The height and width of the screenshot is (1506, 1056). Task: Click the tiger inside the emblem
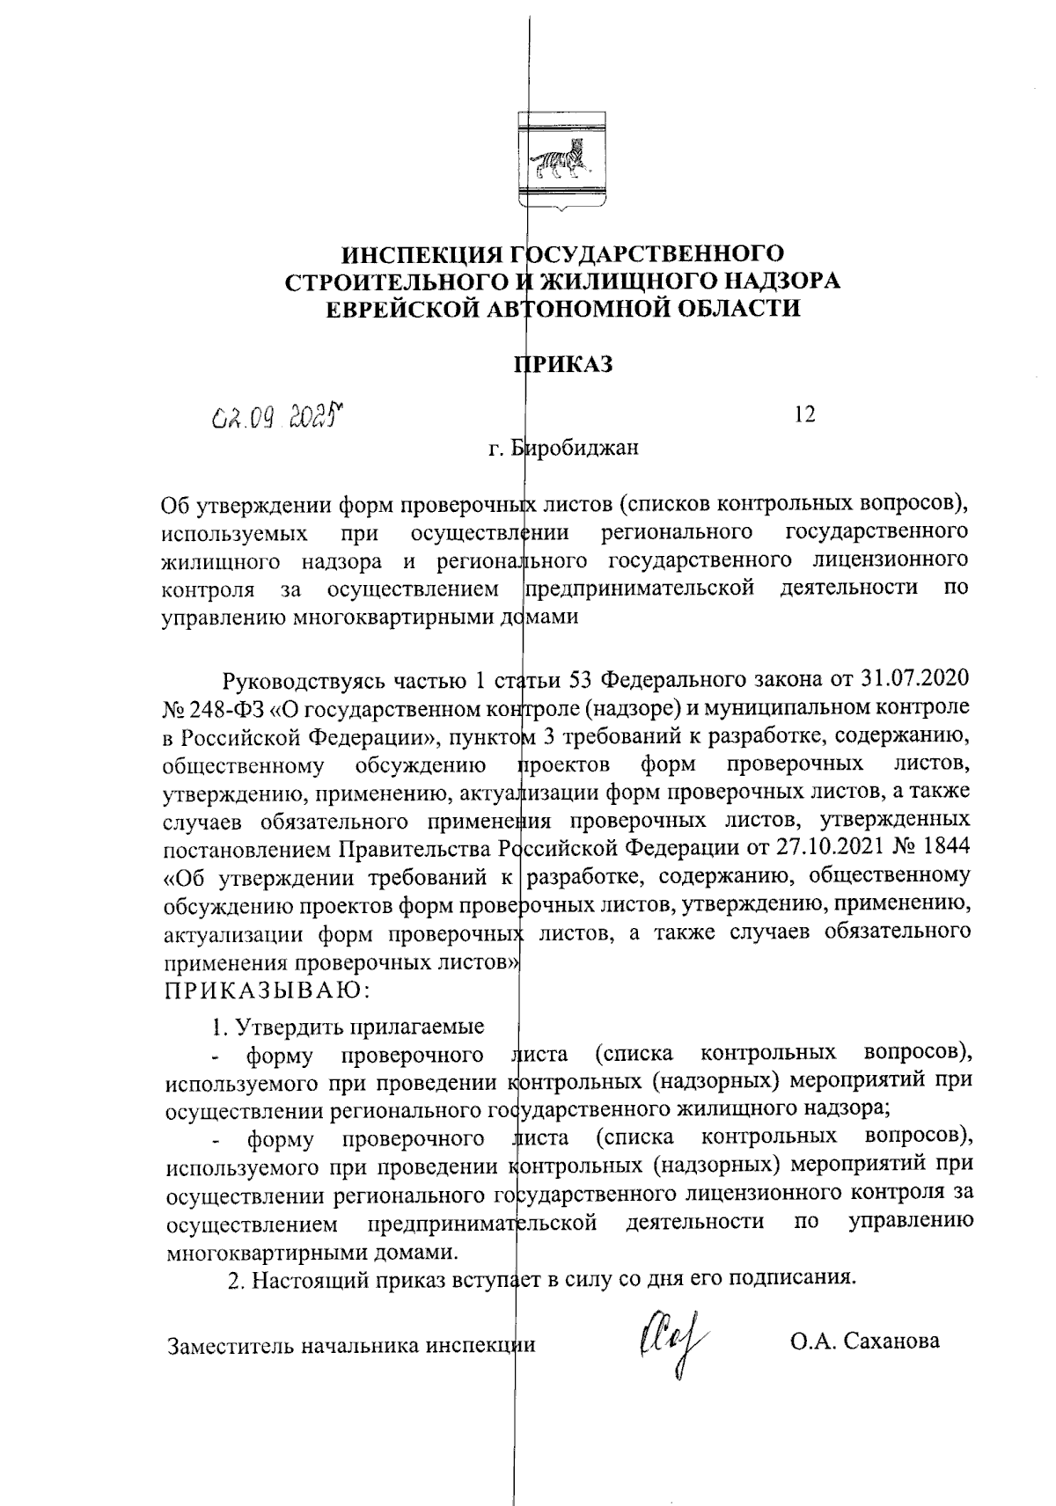[558, 158]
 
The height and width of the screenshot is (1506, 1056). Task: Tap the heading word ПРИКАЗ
[563, 364]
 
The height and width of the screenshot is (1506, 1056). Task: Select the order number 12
[803, 414]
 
